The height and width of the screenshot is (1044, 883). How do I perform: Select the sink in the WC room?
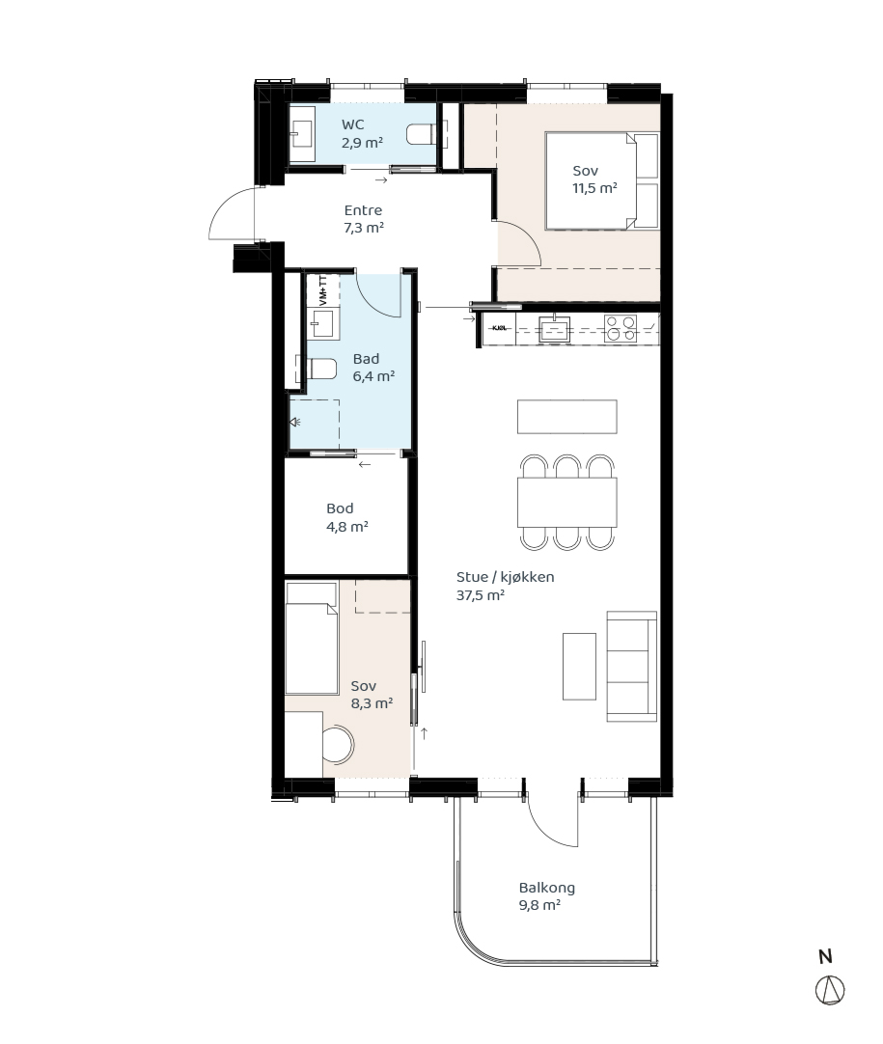tap(302, 133)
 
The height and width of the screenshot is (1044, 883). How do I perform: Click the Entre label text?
tap(363, 210)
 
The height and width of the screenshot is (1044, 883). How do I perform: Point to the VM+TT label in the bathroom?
tap(323, 290)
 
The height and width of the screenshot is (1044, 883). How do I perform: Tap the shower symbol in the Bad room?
tap(294, 422)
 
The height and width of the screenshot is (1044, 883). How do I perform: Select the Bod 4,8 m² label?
tap(347, 517)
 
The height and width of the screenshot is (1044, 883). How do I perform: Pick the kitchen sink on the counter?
tap(554, 329)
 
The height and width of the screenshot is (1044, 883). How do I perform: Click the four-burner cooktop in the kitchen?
tap(620, 329)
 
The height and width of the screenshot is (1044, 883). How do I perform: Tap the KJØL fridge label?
tap(500, 328)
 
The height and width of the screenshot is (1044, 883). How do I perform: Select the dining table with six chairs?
tap(566, 503)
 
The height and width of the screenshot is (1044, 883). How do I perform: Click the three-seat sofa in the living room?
tap(631, 667)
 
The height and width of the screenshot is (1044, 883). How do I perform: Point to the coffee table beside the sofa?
tap(579, 667)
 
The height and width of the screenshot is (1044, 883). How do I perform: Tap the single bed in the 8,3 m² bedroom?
tap(311, 639)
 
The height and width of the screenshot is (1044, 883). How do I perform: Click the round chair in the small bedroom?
tap(338, 744)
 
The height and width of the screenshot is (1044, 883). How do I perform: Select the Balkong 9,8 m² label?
tap(547, 896)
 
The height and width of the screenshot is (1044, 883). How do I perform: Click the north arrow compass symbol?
tap(830, 990)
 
